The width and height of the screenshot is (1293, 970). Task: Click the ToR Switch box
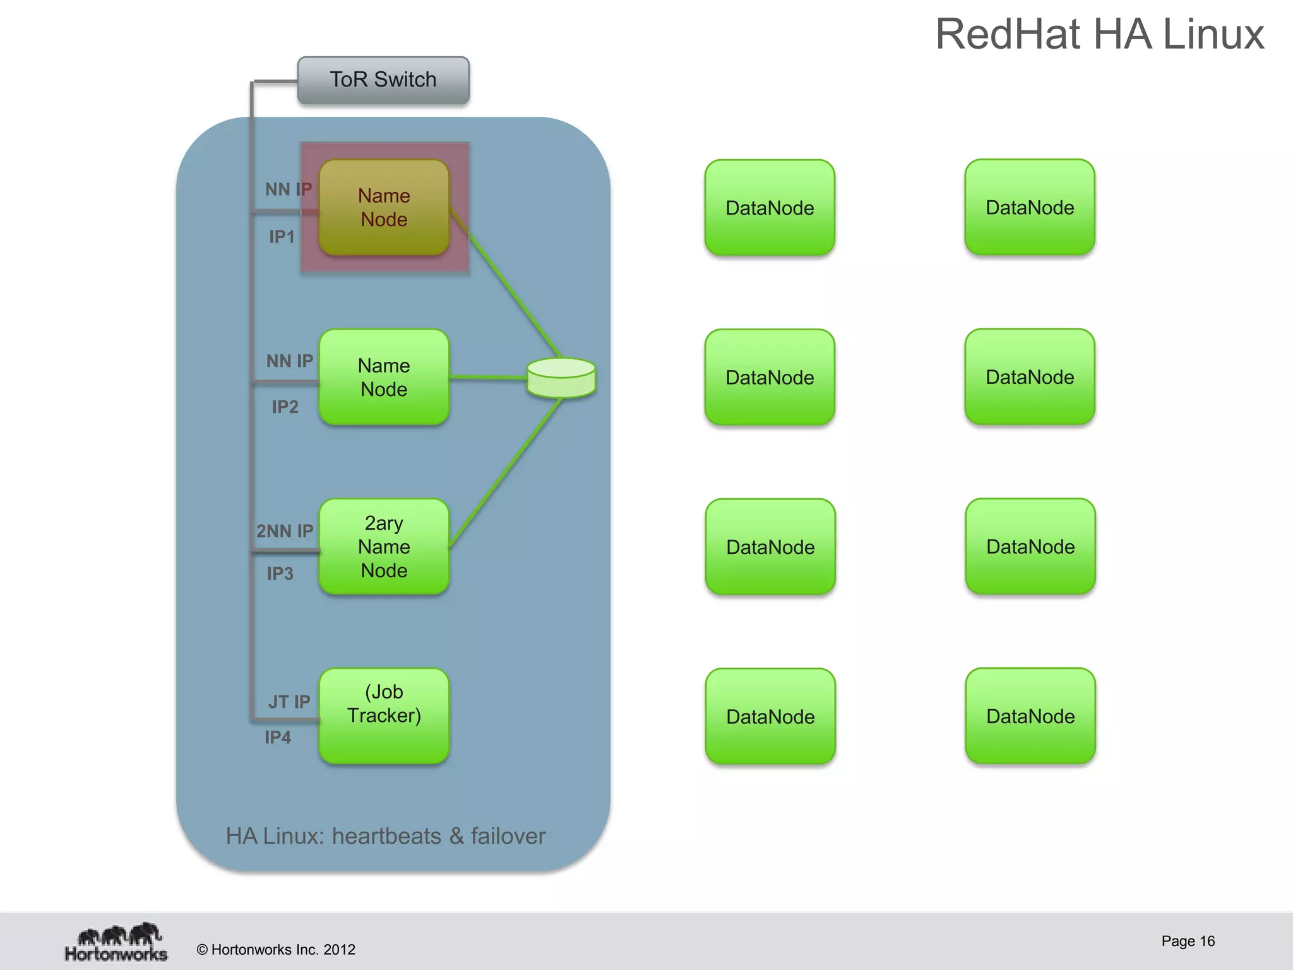click(x=383, y=80)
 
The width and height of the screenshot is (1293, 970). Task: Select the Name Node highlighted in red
click(x=384, y=207)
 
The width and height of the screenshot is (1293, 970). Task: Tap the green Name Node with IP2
click(x=384, y=377)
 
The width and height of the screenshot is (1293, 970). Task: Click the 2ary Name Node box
click(x=384, y=547)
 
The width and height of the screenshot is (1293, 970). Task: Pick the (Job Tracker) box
click(x=384, y=716)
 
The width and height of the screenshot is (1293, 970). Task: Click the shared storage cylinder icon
click(x=561, y=378)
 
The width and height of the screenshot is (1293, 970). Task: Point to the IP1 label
click(x=282, y=237)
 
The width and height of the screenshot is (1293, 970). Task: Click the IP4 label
click(x=278, y=737)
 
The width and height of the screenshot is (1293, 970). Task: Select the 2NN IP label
click(x=285, y=531)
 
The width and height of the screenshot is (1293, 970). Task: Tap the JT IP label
click(x=289, y=702)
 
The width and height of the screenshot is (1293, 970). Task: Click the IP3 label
click(x=280, y=573)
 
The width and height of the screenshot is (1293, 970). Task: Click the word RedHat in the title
click(x=1006, y=34)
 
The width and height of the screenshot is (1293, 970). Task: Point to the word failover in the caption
click(x=508, y=836)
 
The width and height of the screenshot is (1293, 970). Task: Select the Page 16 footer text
click(x=1188, y=941)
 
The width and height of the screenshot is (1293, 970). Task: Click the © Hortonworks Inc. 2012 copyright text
click(x=276, y=950)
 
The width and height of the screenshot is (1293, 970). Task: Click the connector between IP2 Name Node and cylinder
click(x=487, y=378)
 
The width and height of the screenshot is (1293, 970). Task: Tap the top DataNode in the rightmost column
click(x=1030, y=207)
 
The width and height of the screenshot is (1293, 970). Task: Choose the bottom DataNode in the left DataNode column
click(x=770, y=716)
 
